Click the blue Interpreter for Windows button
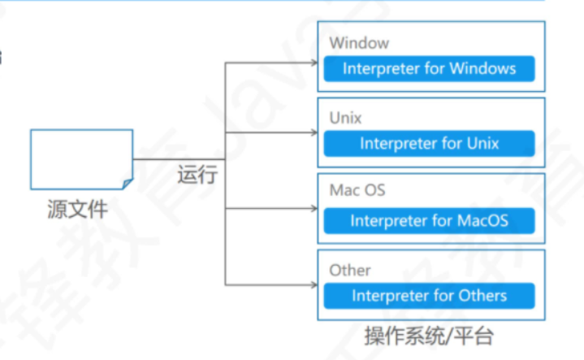tap(429, 68)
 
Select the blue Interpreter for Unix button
tap(429, 144)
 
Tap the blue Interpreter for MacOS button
tap(429, 220)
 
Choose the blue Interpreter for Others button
tap(429, 295)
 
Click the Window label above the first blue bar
tap(359, 43)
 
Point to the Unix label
tap(345, 119)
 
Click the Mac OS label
tap(357, 191)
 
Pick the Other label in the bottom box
tap(349, 270)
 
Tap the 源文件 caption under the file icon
tap(77, 210)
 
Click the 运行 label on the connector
tap(197, 174)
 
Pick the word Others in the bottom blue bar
tap(482, 295)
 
